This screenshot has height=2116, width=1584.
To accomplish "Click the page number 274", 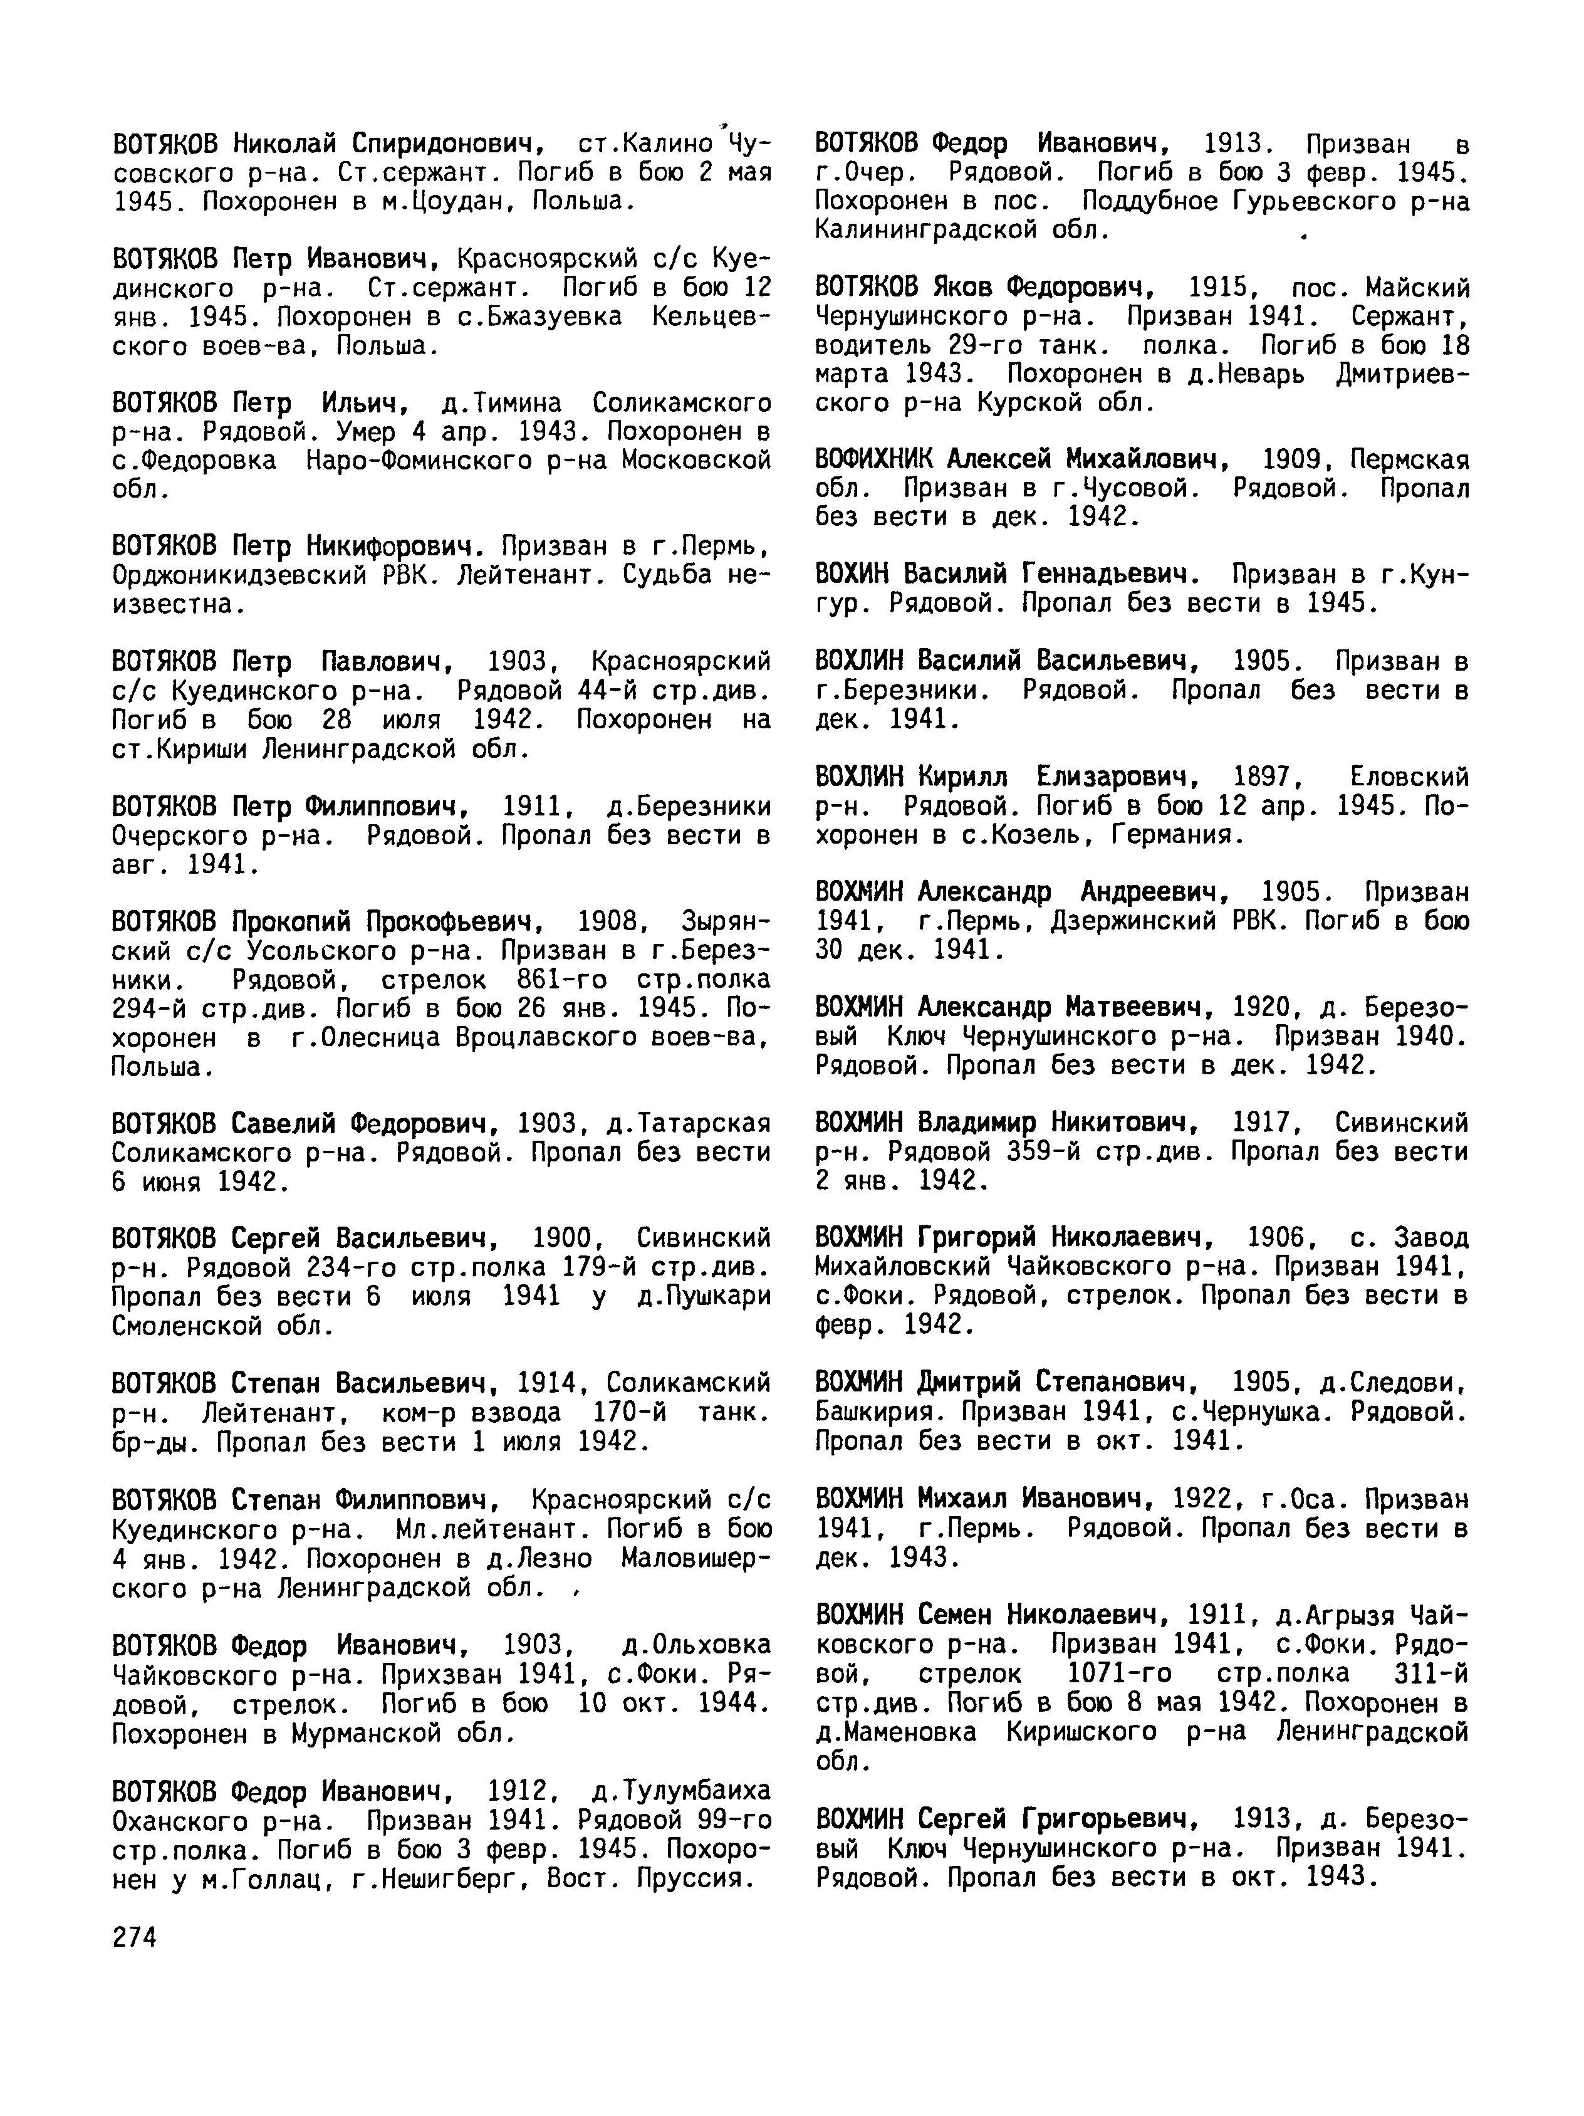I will (x=134, y=1937).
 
